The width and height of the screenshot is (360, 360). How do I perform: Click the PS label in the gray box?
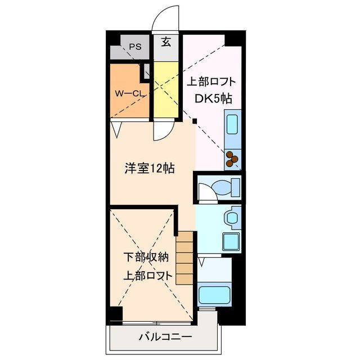pyautogui.click(x=134, y=47)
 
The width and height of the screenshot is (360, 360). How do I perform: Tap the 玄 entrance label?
pyautogui.click(x=166, y=42)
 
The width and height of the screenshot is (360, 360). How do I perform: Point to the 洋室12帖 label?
pyautogui.click(x=149, y=168)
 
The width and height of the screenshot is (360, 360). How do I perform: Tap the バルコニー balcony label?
pyautogui.click(x=165, y=337)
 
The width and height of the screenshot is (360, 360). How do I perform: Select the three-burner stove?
pyautogui.click(x=232, y=159)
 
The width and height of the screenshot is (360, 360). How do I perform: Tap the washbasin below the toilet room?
pyautogui.click(x=231, y=217)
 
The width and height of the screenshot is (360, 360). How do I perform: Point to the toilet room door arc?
pyautogui.click(x=206, y=193)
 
